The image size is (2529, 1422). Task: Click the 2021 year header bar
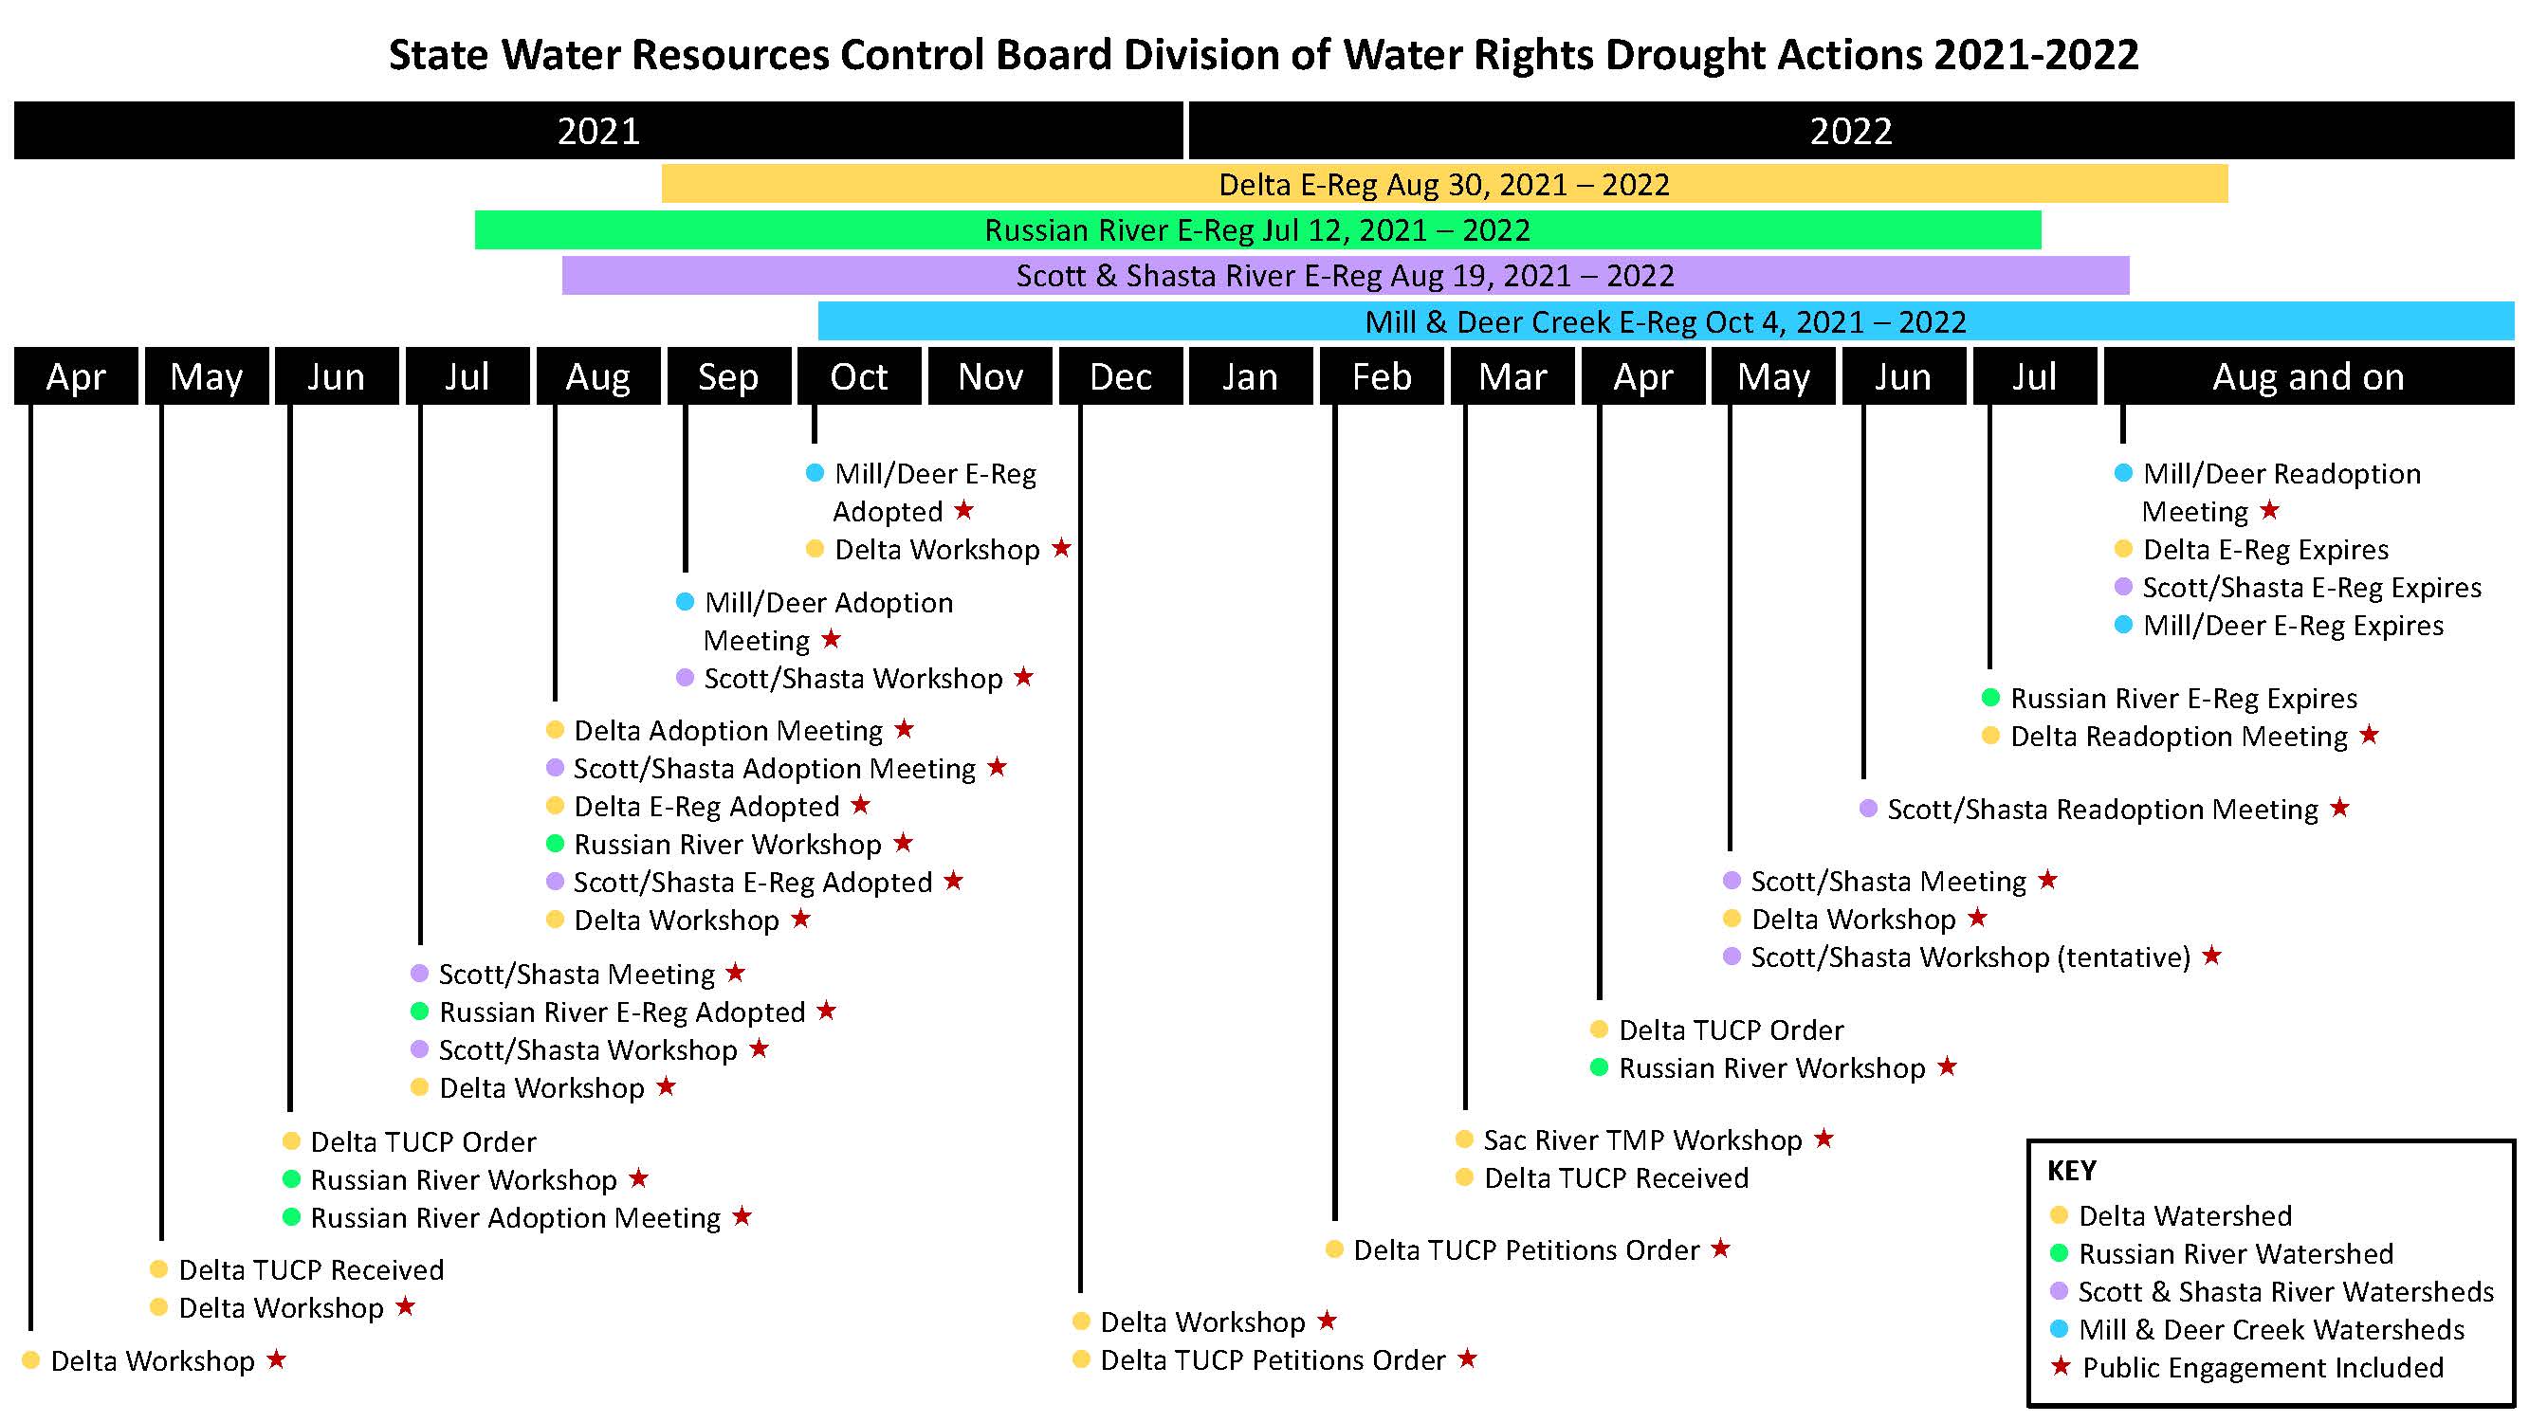(x=598, y=131)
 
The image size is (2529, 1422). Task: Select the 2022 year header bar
(x=1851, y=131)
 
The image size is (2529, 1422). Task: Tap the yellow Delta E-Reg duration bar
(x=1444, y=185)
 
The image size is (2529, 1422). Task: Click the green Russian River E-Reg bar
(x=1257, y=230)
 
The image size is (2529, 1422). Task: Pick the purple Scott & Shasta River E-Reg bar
(x=1345, y=276)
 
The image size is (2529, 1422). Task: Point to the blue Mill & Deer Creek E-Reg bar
(x=1666, y=322)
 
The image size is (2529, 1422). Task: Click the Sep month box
(x=728, y=375)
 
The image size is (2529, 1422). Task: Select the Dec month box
(x=1120, y=375)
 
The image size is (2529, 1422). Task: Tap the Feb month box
(x=1382, y=375)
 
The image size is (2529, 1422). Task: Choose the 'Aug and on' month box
(x=2308, y=375)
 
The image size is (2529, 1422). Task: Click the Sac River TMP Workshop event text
(x=1642, y=1140)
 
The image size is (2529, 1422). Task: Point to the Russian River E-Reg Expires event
(x=2184, y=699)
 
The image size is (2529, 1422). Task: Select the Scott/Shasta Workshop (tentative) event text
(x=1970, y=957)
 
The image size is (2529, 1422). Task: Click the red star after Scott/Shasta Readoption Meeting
(x=2340, y=808)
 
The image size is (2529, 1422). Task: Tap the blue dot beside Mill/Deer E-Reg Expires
(x=2123, y=625)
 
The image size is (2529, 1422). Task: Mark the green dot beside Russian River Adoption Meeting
(x=291, y=1217)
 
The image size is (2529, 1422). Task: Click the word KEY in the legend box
(x=2072, y=1171)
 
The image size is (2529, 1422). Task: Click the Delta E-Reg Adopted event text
(x=706, y=807)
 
